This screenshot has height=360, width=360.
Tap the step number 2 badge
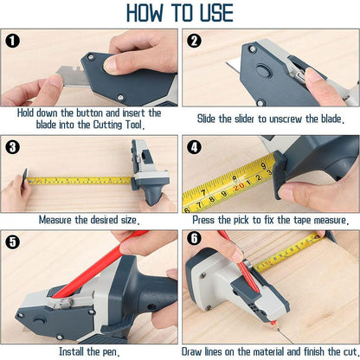[194, 41]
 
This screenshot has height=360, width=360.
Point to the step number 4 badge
[194, 146]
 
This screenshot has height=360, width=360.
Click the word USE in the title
[213, 13]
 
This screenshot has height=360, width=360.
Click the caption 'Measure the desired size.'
[90, 220]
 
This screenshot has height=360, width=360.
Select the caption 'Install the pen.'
[90, 351]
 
